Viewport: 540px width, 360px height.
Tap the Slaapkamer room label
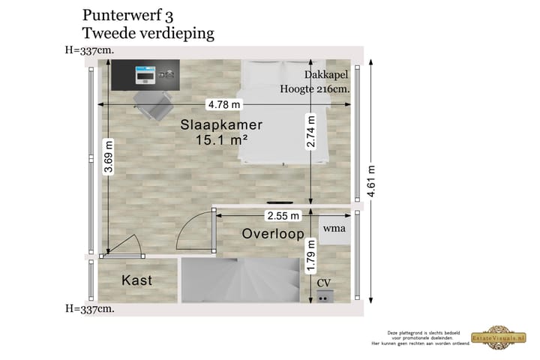point(221,125)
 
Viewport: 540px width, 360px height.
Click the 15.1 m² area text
point(221,140)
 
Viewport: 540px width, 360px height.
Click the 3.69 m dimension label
point(109,157)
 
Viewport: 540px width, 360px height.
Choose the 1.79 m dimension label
point(310,254)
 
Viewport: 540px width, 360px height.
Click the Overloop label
point(272,235)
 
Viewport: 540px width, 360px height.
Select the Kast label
point(136,280)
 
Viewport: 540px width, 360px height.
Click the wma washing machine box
point(334,228)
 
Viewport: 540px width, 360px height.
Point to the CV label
point(323,283)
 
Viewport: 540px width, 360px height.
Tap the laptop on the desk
point(144,75)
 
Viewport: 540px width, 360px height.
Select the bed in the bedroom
point(283,112)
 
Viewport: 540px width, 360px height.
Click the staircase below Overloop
point(240,279)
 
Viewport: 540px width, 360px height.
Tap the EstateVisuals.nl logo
point(496,337)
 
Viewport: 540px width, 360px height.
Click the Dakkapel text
point(327,74)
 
